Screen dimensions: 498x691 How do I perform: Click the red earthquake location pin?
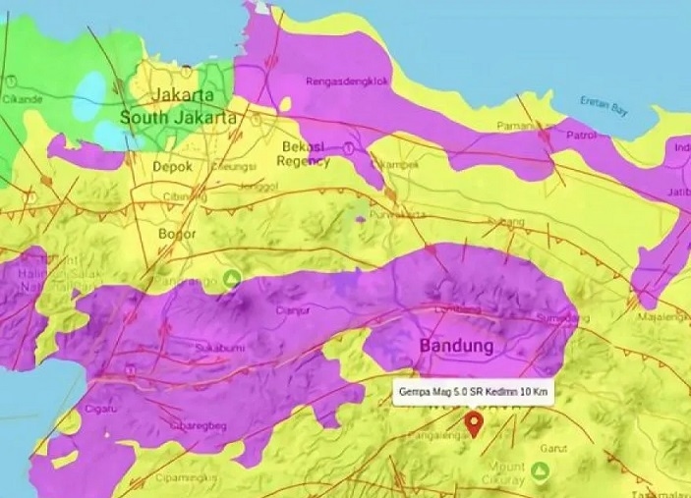pyautogui.click(x=474, y=423)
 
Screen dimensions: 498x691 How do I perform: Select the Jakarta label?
pyautogui.click(x=183, y=96)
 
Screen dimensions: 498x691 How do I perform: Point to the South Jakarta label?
pyautogui.click(x=178, y=117)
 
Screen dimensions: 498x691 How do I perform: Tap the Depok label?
pyautogui.click(x=172, y=167)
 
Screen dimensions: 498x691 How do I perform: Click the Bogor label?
pyautogui.click(x=177, y=235)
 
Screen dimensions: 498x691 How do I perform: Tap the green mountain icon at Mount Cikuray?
pyautogui.click(x=540, y=472)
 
